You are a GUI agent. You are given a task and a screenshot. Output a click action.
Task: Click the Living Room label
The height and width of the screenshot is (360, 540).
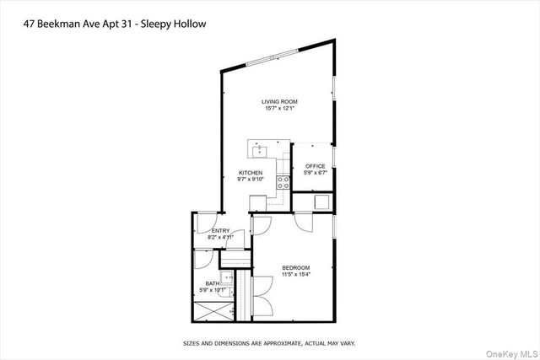[278, 101]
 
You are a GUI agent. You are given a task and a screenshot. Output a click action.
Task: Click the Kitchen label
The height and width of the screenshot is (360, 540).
[251, 173]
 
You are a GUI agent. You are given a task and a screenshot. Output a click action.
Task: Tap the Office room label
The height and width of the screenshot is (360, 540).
[315, 166]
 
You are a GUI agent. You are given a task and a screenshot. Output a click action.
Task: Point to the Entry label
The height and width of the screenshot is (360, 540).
[221, 230]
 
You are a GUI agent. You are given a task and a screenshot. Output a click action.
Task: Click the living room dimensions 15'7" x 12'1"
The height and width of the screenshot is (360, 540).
[278, 108]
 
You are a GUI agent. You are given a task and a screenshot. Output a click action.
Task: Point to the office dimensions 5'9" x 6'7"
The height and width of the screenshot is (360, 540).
[315, 173]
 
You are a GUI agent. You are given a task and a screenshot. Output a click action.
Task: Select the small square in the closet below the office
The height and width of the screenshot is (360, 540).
[321, 202]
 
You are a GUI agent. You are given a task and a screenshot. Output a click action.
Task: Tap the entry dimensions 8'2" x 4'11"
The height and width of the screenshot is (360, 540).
[221, 237]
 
